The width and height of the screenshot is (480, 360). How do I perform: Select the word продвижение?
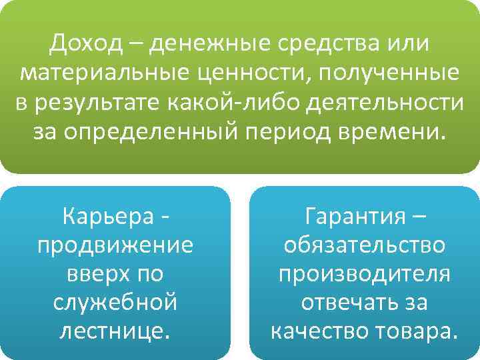tap(116, 245)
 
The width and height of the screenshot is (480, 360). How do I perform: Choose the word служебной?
tap(116, 303)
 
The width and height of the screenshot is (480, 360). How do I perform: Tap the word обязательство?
tap(364, 245)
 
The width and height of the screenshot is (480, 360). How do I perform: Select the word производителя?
tap(364, 274)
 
